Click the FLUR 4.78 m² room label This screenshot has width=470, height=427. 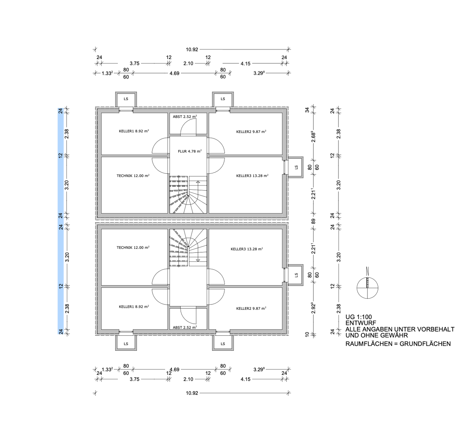[190, 151]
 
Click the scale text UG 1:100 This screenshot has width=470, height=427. [358, 317]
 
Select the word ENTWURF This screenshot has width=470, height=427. [361, 323]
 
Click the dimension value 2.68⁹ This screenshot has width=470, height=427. [313, 137]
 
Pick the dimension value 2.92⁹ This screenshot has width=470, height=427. [313, 308]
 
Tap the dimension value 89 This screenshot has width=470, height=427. [313, 221]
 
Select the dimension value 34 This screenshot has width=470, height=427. [307, 110]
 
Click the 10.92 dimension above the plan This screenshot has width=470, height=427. [192, 49]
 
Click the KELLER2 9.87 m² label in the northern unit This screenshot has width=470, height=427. [251, 132]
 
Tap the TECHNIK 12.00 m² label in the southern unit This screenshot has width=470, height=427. [133, 247]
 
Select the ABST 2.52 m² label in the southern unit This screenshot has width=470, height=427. [185, 327]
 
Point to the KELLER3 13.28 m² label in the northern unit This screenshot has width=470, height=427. [252, 175]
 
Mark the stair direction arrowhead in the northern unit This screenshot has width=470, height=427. [198, 182]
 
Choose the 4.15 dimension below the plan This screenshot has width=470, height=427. [245, 379]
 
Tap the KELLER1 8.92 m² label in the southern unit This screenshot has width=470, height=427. [134, 306]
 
